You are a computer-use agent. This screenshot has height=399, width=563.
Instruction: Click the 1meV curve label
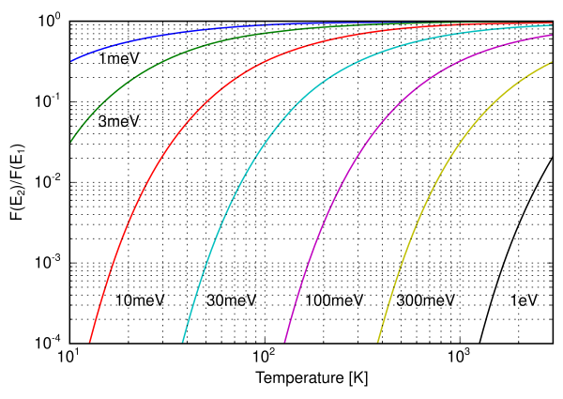[x=119, y=60]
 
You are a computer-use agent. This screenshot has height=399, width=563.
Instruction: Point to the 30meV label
[x=230, y=301]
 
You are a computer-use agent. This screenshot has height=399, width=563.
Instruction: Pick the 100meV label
[x=334, y=301]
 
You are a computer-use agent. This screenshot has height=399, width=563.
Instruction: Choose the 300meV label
[x=426, y=301]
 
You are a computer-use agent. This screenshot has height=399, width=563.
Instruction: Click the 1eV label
[x=525, y=301]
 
